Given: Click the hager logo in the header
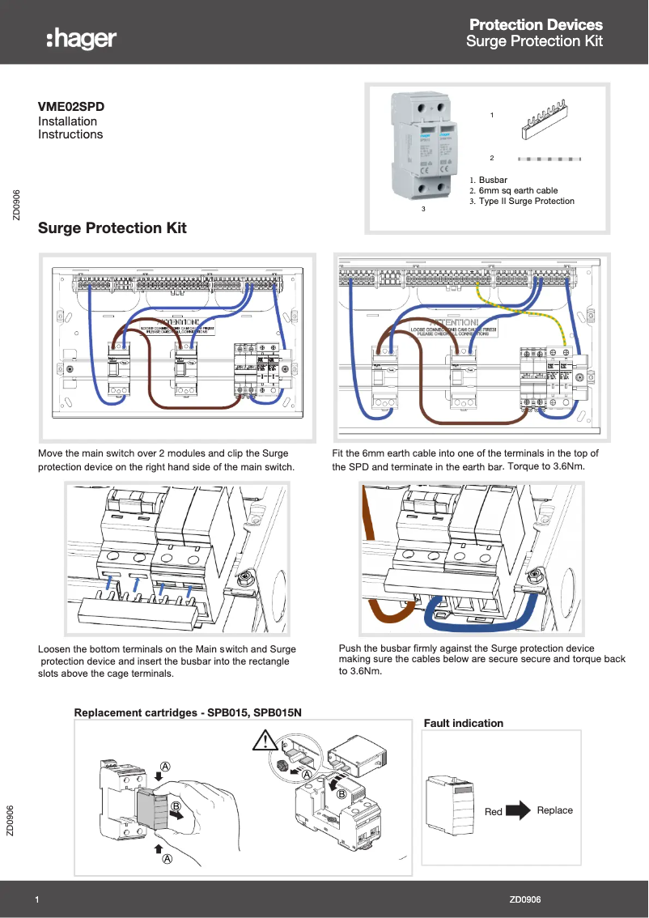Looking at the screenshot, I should [81, 38].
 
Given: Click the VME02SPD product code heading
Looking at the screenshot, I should [71, 106].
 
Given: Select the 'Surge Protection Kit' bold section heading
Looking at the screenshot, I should [112, 228].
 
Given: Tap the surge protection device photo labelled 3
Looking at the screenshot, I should [423, 147].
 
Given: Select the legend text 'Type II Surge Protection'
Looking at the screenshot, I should [526, 202].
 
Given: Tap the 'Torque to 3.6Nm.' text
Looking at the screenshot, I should [546, 467].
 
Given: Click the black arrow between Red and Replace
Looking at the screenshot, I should [519, 810].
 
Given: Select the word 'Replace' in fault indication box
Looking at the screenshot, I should [554, 810].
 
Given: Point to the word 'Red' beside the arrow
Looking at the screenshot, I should [494, 812].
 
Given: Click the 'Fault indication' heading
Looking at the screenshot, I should [464, 723].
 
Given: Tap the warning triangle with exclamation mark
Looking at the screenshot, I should [264, 740].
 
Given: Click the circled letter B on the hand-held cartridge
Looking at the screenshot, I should [175, 806].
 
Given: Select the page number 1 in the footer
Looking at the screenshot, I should [38, 900].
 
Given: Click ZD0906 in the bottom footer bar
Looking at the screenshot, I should [525, 900].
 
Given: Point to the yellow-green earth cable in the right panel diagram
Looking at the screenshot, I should [534, 312].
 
